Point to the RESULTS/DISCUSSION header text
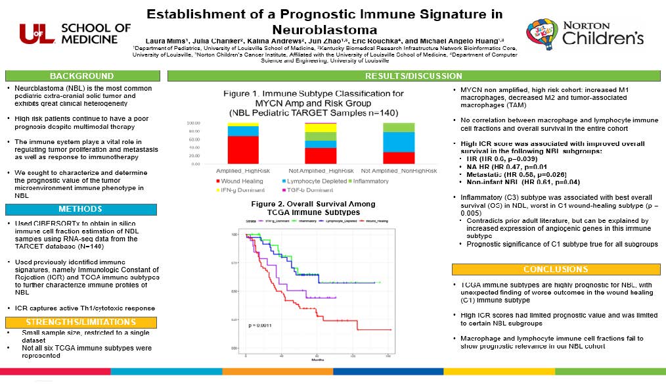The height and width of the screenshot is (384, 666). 413,76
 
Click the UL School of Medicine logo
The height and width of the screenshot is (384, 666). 76,33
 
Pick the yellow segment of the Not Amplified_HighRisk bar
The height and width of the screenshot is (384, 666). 321,127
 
